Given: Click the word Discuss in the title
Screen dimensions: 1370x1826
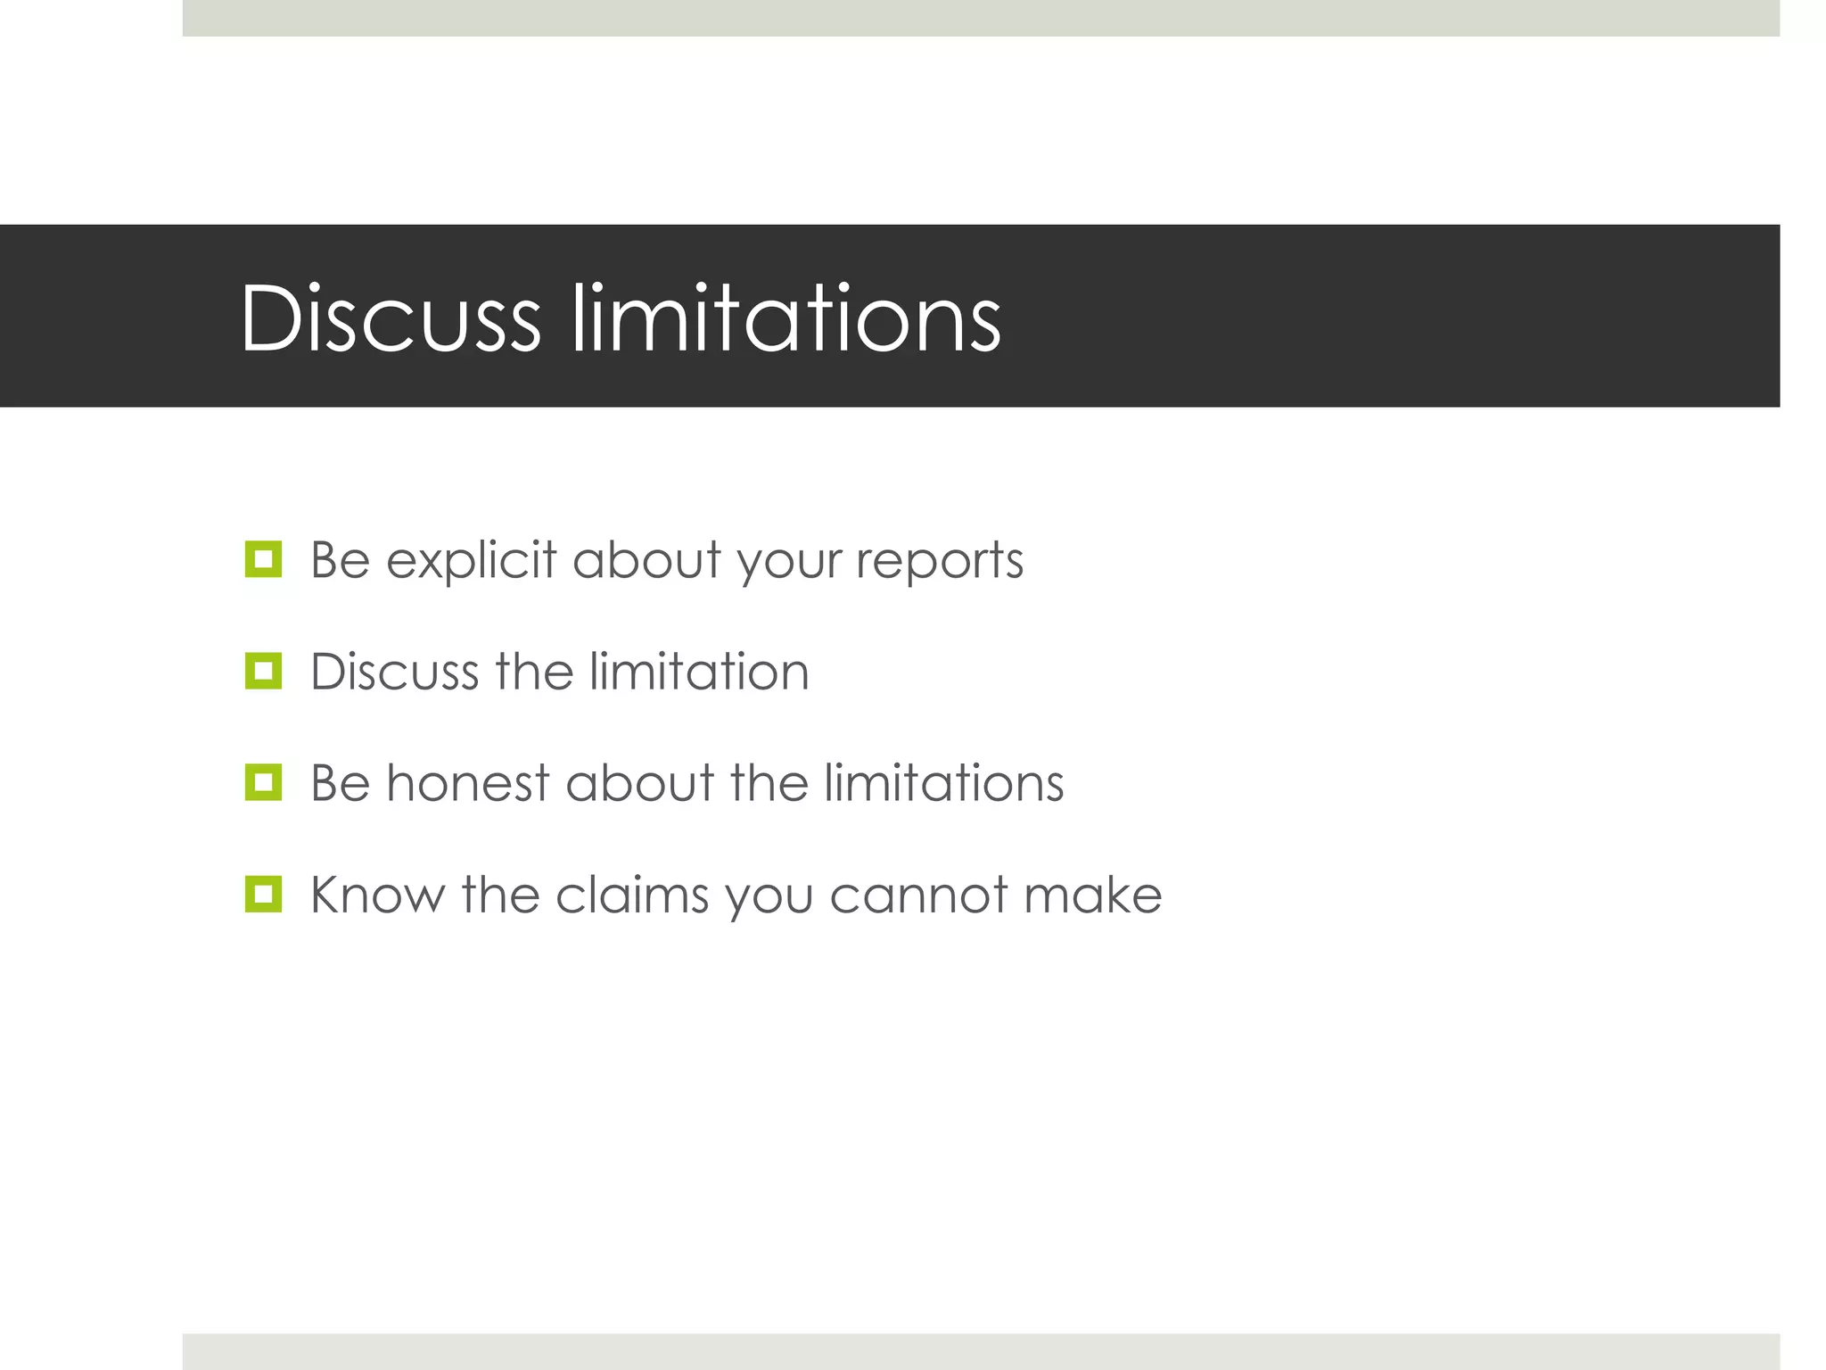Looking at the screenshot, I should click(x=391, y=318).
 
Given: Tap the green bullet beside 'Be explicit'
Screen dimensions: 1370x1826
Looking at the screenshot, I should click(x=263, y=559).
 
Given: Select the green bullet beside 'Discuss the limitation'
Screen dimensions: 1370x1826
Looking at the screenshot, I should click(x=263, y=671).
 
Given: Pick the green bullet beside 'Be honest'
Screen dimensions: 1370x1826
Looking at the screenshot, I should click(x=263, y=782).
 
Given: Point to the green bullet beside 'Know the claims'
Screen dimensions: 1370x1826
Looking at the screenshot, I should click(x=263, y=894).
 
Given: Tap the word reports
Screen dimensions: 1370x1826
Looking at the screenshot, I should click(x=940, y=561).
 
